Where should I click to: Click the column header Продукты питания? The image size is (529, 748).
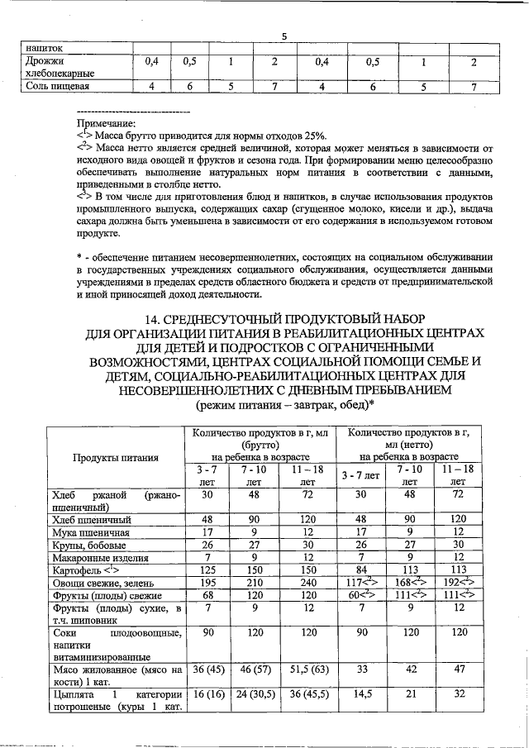point(114,457)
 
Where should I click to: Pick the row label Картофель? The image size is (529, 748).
point(86,570)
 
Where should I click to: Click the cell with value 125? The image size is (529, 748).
point(207,570)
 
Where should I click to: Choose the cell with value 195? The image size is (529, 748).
point(207,583)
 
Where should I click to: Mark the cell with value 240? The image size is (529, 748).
point(307,583)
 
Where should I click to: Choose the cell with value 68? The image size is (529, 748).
point(207,595)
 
